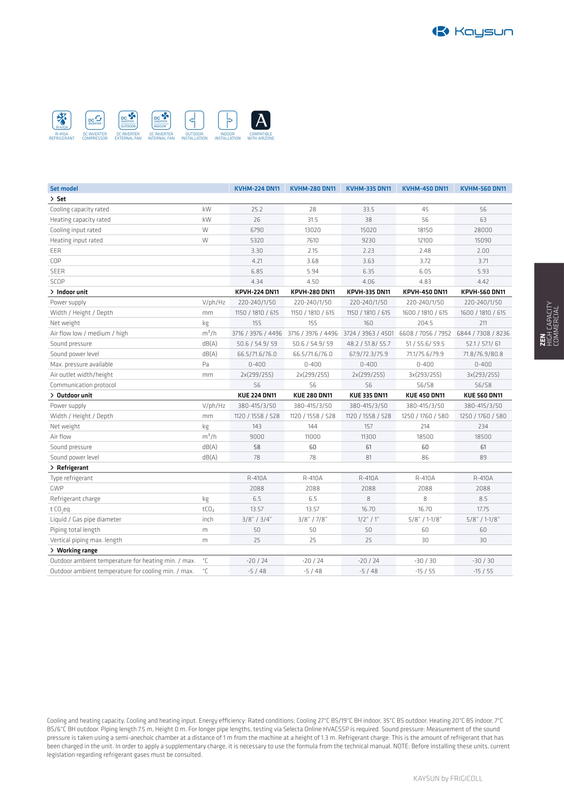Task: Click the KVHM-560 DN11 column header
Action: (x=483, y=189)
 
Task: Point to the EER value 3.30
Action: (x=257, y=251)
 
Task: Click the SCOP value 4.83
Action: (x=425, y=282)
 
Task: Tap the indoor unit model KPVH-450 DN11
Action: (x=425, y=292)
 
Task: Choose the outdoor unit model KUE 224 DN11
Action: (x=257, y=395)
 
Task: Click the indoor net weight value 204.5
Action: (x=425, y=323)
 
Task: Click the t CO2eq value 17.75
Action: (x=483, y=509)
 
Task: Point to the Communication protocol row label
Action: (x=83, y=385)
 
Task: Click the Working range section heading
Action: (x=77, y=550)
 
